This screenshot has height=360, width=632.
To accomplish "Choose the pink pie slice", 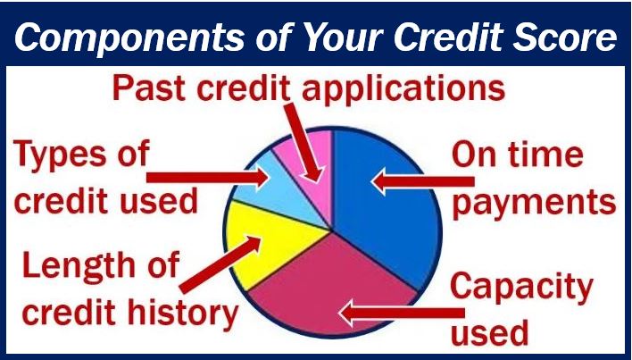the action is coord(311,170).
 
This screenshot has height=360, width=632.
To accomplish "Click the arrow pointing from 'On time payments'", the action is coord(422,181).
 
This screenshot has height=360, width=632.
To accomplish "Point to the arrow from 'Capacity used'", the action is coord(402,313).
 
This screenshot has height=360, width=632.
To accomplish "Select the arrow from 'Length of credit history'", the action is coord(220,264).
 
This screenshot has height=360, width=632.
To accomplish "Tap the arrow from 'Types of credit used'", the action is coord(208,178).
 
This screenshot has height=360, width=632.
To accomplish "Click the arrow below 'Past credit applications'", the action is coord(304,143).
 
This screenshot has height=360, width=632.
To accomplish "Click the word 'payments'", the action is coord(534,203).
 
